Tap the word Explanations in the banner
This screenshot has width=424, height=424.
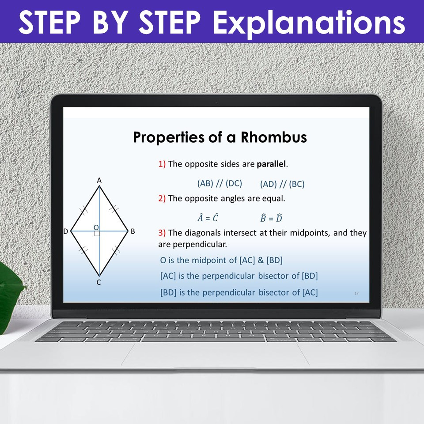coord(310,22)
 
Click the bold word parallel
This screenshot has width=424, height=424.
coord(271,164)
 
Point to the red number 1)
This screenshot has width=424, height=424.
coord(162,164)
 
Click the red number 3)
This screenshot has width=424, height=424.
coord(162,233)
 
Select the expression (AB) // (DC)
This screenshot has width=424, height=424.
coord(220,184)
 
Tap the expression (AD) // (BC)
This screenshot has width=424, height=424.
coord(282,184)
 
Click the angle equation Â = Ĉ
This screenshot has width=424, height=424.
coord(208,218)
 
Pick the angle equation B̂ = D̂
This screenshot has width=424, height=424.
coord(271,218)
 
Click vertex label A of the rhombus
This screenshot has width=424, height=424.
coord(99,180)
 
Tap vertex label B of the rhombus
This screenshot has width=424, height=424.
coord(132,231)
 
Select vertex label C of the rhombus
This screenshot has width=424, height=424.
coord(98,283)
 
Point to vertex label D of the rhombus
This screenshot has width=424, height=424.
coord(65,231)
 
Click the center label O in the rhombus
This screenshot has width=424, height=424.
coord(95,227)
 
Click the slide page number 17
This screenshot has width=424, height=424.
coord(356,293)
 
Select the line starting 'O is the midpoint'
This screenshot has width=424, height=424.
coord(221,260)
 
